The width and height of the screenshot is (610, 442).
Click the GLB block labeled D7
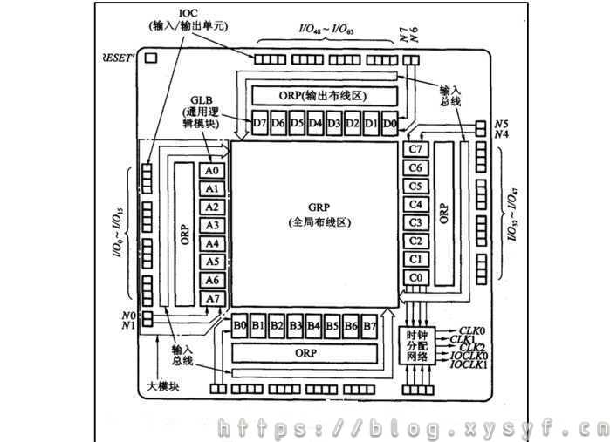point(259,123)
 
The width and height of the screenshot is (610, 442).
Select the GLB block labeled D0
point(390,123)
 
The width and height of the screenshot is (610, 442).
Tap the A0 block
point(212,171)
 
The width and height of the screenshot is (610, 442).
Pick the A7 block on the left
point(212,299)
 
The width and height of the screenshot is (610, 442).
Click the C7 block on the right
point(416,149)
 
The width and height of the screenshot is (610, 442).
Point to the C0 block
point(416,278)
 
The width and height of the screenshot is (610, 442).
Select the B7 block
point(371,327)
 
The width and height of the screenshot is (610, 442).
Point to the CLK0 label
point(472,330)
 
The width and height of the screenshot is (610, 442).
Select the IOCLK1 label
point(469,365)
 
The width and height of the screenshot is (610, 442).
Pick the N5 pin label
point(501,124)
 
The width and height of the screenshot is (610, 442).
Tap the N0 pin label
point(129,315)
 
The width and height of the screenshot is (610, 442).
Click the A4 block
point(212,244)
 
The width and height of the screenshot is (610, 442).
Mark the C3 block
point(416,222)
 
